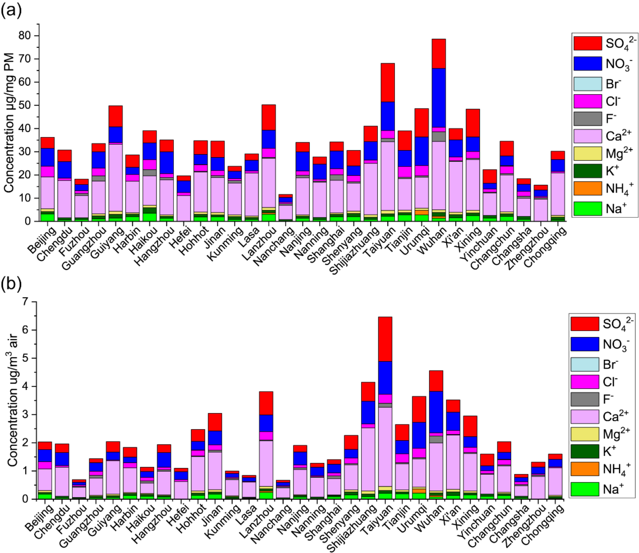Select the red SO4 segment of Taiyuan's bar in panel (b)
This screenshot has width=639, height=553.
(x=385, y=339)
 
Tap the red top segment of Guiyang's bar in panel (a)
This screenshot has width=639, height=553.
(x=116, y=116)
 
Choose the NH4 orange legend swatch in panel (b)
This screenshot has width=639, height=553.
(x=585, y=469)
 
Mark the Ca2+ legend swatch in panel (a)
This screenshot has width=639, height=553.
(x=588, y=136)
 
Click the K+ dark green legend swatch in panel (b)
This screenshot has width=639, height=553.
(x=585, y=451)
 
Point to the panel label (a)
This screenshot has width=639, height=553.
(x=11, y=10)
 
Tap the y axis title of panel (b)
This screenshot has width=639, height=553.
(x=12, y=401)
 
